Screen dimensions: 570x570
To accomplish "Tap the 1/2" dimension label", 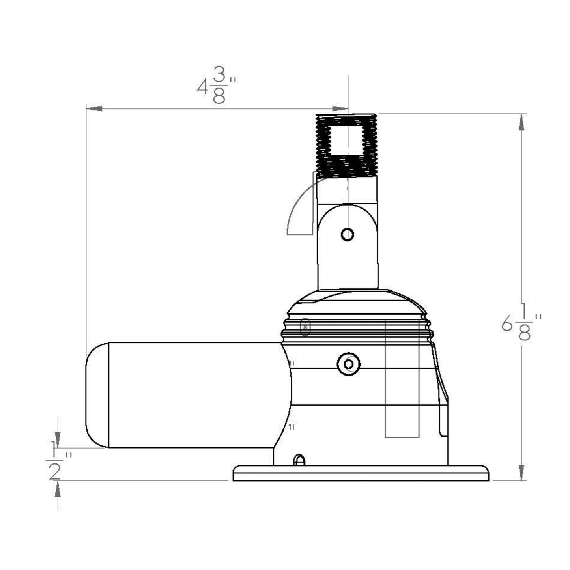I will point(57,461).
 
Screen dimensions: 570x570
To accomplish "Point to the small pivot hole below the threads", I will point(347,235).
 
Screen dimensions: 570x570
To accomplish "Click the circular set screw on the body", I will point(348,364).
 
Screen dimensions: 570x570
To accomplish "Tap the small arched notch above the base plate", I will point(299,460).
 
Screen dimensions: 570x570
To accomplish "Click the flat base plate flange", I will point(361,473).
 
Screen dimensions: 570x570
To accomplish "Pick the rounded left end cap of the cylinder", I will point(97,395).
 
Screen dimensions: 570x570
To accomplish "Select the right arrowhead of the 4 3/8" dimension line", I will point(340,108).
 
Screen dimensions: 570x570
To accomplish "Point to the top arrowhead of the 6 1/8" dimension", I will point(521,122).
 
